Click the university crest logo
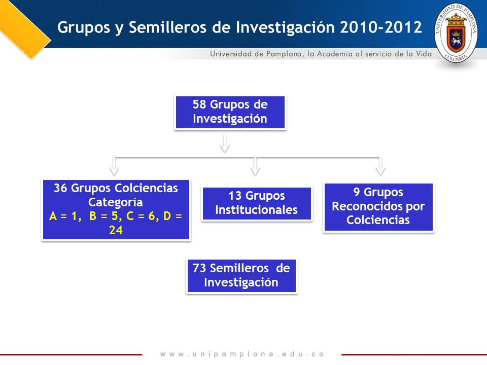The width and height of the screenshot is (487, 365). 456,33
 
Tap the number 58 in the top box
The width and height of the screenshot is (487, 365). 199,104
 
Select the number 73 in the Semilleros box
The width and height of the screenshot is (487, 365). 199,268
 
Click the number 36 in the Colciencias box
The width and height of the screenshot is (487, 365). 60,188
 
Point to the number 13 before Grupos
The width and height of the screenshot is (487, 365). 235,196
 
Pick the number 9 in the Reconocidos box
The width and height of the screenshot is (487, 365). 357,192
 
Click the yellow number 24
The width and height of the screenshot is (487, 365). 116,230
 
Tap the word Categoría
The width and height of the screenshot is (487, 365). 116,202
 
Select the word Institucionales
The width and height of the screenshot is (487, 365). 256,210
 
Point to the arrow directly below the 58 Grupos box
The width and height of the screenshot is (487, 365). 225,143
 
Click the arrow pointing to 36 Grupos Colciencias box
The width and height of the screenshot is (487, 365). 114,166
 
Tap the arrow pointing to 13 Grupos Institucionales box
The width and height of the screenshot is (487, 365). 255,166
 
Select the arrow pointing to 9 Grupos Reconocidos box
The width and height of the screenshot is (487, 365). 380,166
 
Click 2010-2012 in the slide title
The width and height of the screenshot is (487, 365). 381,27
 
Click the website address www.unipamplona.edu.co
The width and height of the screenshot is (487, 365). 242,354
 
